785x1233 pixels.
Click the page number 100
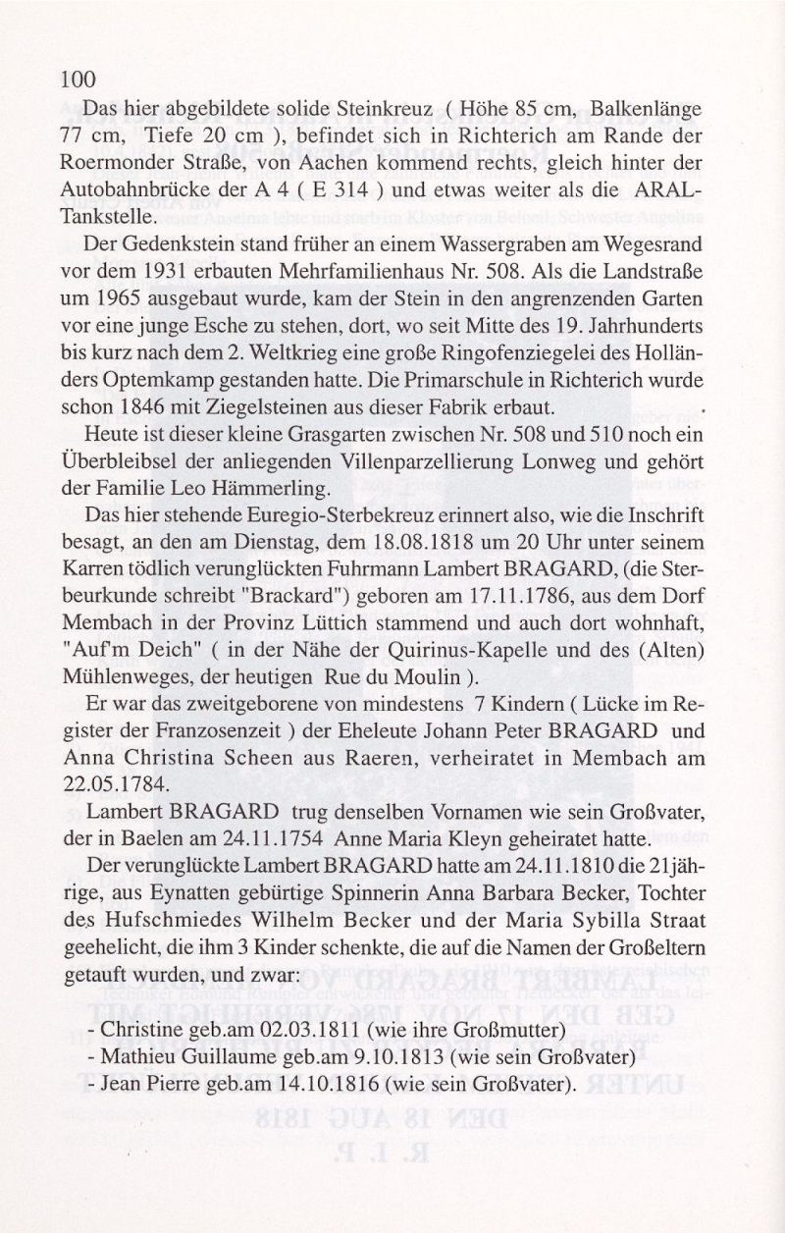click(x=78, y=80)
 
